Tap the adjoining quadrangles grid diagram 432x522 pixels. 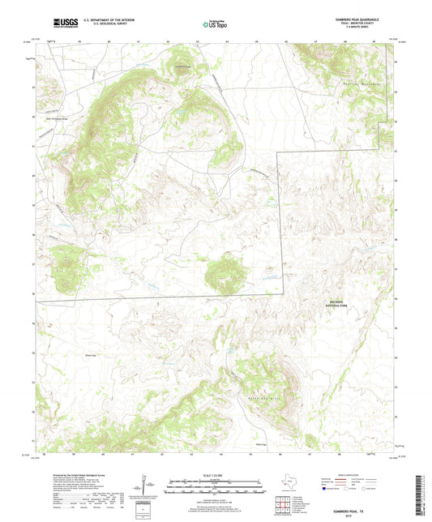click(x=280, y=501)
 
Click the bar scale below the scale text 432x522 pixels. click(x=216, y=489)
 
